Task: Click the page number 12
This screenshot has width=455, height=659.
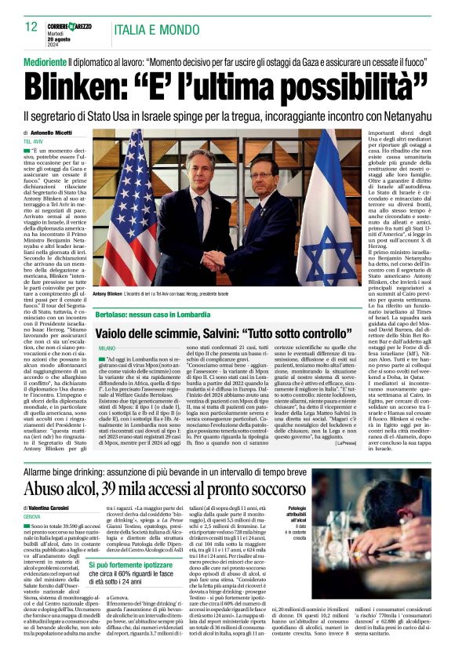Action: pyautogui.click(x=31, y=27)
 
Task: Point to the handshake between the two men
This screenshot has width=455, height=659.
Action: pyautogui.click(x=213, y=258)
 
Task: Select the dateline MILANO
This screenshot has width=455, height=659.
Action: pyautogui.click(x=107, y=347)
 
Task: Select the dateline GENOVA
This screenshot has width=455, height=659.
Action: pyautogui.click(x=32, y=518)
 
